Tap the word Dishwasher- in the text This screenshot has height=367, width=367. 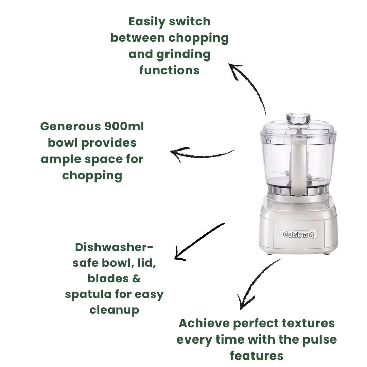114,247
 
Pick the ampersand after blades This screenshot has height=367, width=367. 136,278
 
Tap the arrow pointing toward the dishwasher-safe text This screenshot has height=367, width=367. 199,242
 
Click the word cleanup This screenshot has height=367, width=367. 114,310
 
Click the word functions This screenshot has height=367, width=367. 169,70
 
